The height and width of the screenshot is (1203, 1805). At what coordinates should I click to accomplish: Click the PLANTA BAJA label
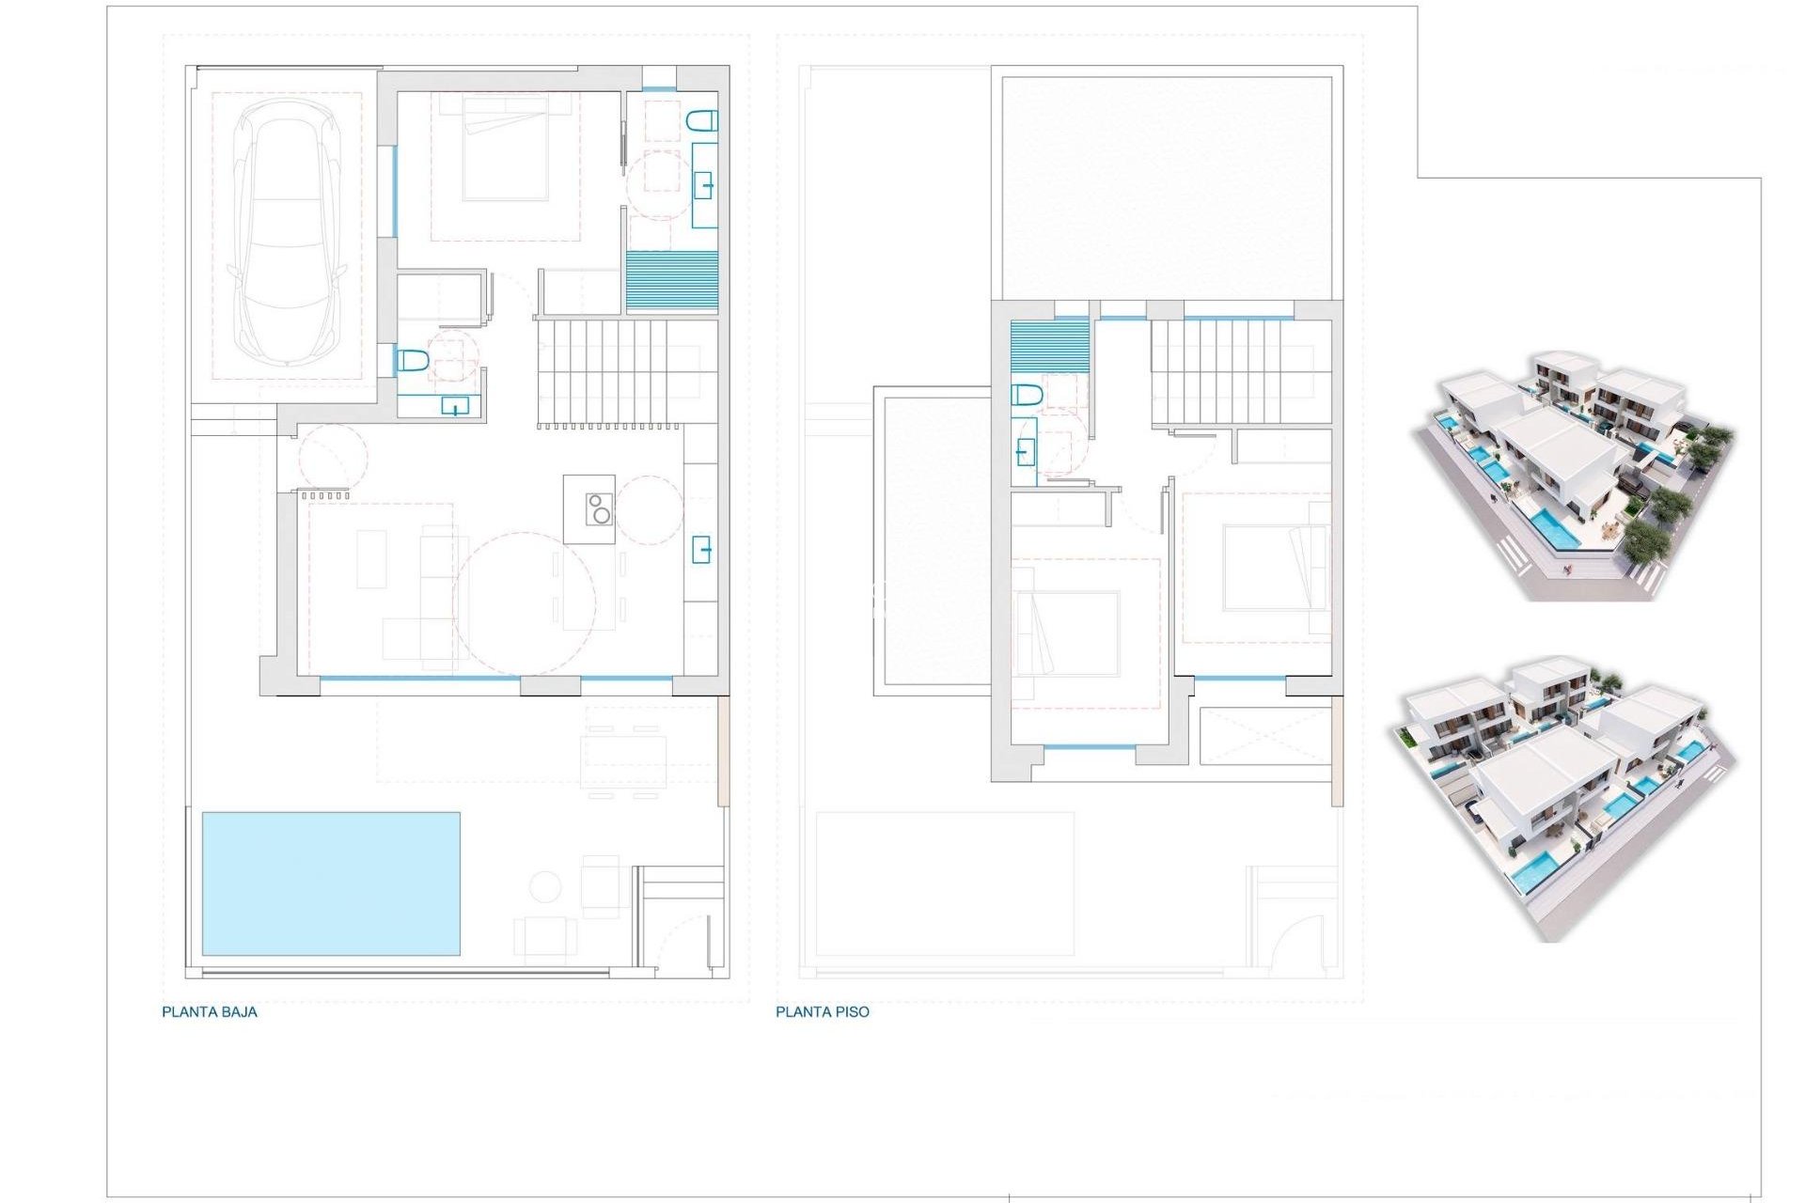click(210, 1012)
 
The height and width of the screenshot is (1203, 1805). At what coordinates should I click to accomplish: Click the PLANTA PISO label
click(823, 1012)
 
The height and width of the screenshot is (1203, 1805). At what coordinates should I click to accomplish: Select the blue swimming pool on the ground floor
click(331, 883)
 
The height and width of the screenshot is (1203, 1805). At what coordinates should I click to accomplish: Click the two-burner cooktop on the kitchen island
click(599, 508)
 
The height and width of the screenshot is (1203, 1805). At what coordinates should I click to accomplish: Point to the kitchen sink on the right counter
click(701, 549)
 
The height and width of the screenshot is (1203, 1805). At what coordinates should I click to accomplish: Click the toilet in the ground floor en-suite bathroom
click(702, 120)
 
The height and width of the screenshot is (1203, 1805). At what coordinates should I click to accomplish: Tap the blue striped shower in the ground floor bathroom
click(671, 280)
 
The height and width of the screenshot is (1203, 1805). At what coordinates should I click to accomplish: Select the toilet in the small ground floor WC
click(413, 360)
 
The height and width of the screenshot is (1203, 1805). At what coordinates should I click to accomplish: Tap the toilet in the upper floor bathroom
click(1028, 395)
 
